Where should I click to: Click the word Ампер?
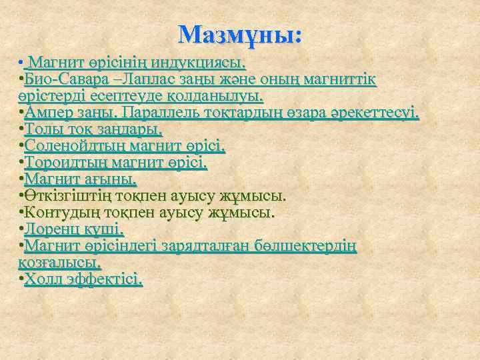pyautogui.click(x=49, y=113)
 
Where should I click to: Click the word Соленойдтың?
pyautogui.click(x=70, y=147)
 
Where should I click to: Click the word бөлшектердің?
pyautogui.click(x=310, y=247)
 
